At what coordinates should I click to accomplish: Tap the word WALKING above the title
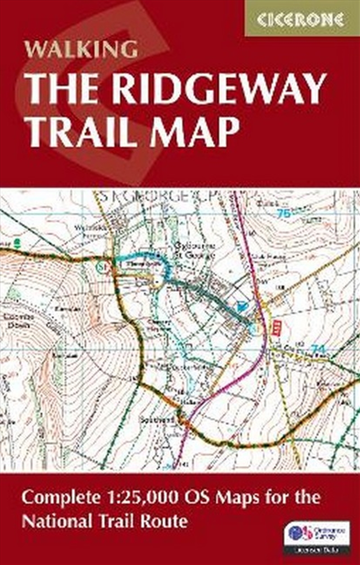[81, 49]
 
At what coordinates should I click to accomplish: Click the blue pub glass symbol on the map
[242, 306]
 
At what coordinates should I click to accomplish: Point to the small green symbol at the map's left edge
[17, 243]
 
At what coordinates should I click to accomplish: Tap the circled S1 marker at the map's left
[102, 267]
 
